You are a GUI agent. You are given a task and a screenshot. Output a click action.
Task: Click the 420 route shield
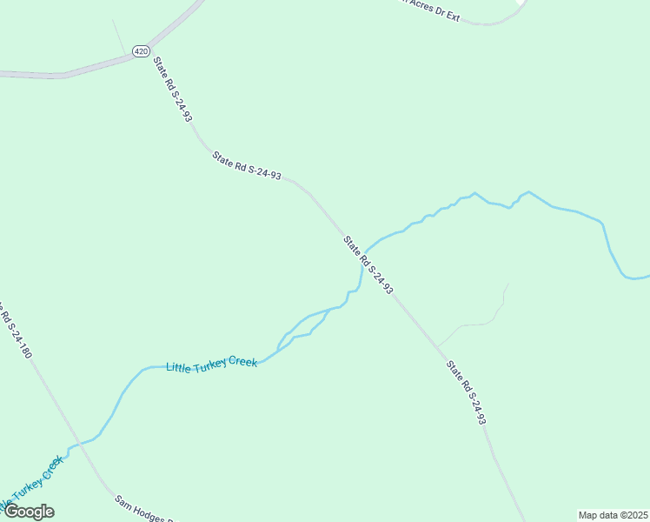pyautogui.click(x=141, y=51)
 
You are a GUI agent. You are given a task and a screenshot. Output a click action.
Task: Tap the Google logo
pyautogui.click(x=29, y=512)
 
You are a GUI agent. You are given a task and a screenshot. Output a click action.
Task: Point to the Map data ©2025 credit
pyautogui.click(x=614, y=515)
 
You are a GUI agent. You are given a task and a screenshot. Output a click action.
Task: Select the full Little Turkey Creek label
pyautogui.click(x=211, y=361)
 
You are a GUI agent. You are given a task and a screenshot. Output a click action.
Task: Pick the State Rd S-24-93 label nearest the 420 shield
pyautogui.click(x=172, y=89)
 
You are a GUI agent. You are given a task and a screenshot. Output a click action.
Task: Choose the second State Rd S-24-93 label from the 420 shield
pyautogui.click(x=247, y=164)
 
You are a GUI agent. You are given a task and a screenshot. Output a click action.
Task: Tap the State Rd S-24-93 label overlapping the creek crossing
pyautogui.click(x=368, y=264)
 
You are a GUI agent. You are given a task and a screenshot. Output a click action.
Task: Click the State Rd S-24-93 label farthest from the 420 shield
pyautogui.click(x=466, y=392)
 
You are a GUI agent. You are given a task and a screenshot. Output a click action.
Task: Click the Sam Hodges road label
pyautogui.click(x=144, y=510)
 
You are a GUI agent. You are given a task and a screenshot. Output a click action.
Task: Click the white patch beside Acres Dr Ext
pyautogui.click(x=521, y=3)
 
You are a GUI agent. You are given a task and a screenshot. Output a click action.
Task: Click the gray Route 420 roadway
pyautogui.click(x=87, y=69)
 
